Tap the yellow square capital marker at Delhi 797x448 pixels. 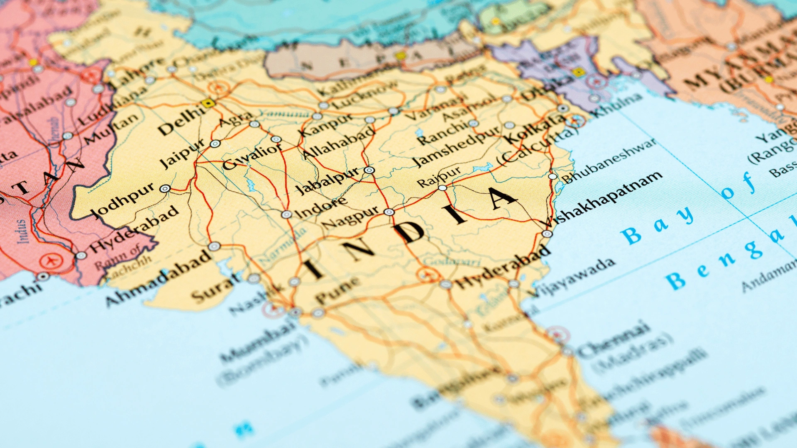(208, 103)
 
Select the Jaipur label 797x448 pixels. (183, 153)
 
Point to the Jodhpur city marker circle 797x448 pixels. (165, 189)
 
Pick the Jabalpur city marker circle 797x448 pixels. (369, 170)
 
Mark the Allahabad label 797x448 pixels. (339, 144)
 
